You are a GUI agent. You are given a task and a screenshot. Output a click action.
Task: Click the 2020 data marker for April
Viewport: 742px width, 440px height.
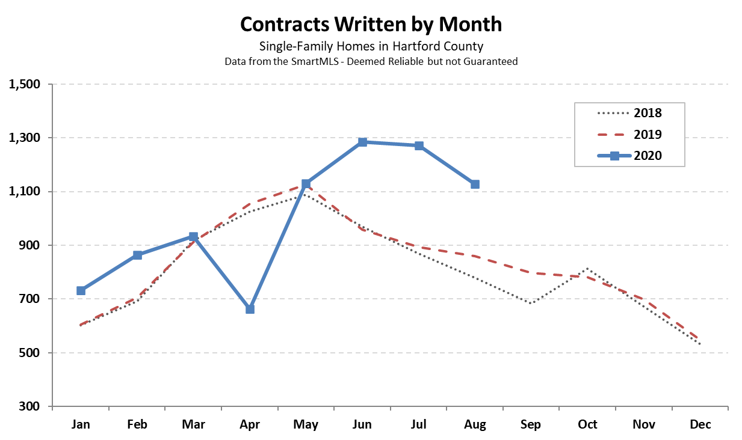(x=250, y=309)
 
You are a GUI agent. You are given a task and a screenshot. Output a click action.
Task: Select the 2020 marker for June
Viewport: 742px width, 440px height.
(x=362, y=142)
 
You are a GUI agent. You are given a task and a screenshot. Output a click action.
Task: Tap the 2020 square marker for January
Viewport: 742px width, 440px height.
(x=81, y=290)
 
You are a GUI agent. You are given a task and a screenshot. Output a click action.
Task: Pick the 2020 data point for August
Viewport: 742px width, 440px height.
(x=475, y=184)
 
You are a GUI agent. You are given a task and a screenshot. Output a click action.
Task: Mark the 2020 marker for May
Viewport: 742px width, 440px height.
(x=306, y=183)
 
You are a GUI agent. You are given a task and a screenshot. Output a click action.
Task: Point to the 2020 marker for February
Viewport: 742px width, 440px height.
(x=137, y=255)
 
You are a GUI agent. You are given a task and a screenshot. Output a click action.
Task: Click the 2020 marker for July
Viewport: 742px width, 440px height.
(x=419, y=145)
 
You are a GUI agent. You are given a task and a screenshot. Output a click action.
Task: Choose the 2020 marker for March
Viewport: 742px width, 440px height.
(x=193, y=237)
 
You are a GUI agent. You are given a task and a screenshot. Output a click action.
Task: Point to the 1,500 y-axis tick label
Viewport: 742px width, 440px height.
(x=25, y=84)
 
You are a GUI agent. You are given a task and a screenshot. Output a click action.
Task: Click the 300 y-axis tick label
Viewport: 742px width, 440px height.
(x=30, y=406)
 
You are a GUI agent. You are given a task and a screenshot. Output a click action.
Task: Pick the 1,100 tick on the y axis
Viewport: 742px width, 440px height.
(x=25, y=192)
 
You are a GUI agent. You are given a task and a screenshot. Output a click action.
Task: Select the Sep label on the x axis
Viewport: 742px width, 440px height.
(x=531, y=424)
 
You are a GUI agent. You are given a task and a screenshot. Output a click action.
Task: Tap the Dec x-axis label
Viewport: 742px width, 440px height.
(x=700, y=424)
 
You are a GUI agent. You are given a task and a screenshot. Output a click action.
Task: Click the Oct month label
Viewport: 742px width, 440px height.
(x=587, y=424)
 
